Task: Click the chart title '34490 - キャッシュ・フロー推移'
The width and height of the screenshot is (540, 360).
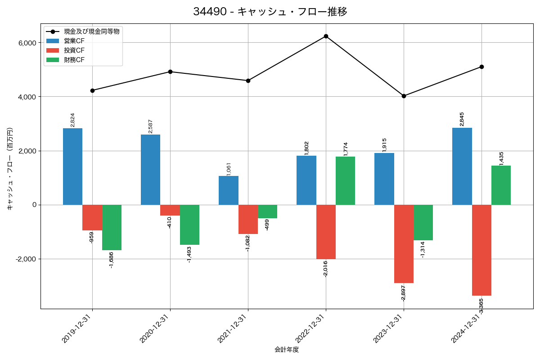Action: pos(270,12)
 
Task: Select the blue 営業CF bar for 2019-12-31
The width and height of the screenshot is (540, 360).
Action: pos(72,166)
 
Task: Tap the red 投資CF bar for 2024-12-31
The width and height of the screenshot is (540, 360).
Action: pos(481,250)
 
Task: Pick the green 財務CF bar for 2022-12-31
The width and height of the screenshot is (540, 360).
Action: pos(345,180)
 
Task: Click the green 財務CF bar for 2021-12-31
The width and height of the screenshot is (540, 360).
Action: pos(267,211)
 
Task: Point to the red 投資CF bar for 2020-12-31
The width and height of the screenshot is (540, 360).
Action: pos(170,210)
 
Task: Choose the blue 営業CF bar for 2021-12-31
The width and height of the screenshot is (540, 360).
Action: pos(229,190)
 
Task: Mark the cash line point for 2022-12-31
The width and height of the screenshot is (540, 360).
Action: pos(326,36)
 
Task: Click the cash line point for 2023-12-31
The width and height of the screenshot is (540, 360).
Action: pos(404,96)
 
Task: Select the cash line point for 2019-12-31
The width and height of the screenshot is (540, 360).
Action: pos(92,90)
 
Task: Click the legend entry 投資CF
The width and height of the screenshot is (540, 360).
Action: pos(74,50)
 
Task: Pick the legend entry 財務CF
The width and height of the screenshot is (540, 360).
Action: pos(74,60)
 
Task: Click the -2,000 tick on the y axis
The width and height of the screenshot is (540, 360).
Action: pos(25,259)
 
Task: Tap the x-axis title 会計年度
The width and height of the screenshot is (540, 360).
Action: pos(287,350)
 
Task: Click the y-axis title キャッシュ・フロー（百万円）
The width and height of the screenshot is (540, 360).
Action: pos(10,169)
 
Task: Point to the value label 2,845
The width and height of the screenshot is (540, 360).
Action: pos(462,119)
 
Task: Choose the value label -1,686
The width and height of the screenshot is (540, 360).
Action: pos(112,260)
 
